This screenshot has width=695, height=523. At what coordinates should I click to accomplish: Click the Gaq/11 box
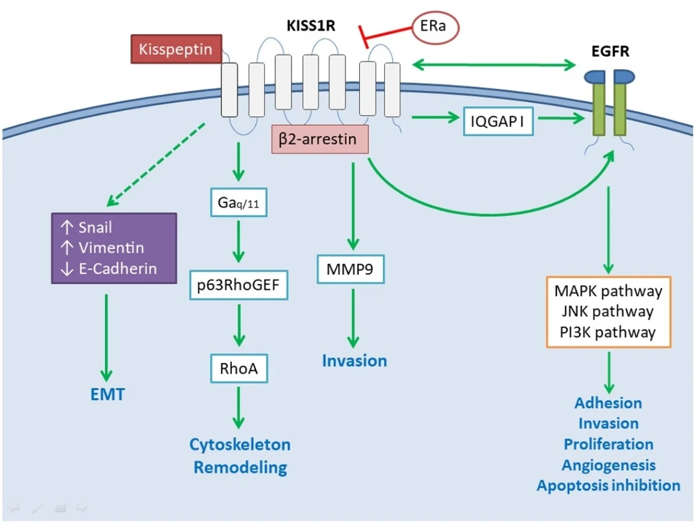[x=239, y=203]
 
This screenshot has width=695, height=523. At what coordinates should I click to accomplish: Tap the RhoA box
[x=239, y=370]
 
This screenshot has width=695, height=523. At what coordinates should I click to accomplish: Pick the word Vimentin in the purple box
[x=111, y=248]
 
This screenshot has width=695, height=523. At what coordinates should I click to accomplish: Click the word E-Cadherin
[x=117, y=269]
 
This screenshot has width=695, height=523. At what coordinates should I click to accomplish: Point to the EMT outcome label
[x=108, y=394]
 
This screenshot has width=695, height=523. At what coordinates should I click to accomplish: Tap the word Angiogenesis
[x=608, y=465]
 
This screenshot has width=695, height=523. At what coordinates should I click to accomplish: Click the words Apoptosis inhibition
[x=608, y=485]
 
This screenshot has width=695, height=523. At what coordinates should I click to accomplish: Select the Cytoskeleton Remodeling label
[x=240, y=455]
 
